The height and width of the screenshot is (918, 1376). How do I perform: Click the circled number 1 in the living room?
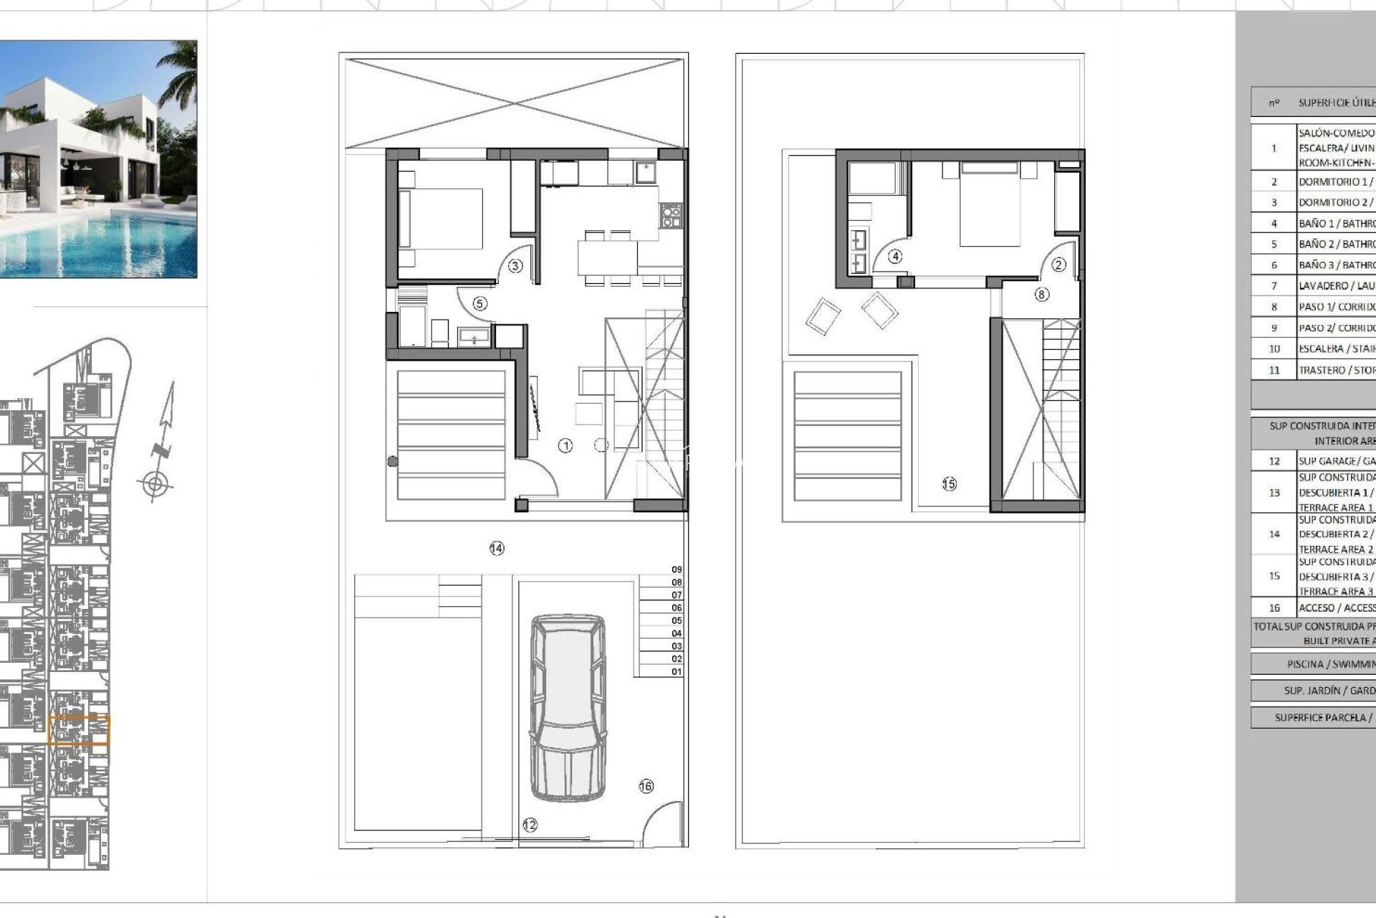565,446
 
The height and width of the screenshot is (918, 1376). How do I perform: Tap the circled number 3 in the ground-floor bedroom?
515,266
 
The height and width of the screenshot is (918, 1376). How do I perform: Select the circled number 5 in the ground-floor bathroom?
479,304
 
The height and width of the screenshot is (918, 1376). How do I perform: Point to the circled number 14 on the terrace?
497,549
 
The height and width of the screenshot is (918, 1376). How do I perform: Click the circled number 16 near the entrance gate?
646,787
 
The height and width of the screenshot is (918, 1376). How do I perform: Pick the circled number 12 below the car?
530,825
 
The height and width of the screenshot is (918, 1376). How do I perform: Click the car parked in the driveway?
567,706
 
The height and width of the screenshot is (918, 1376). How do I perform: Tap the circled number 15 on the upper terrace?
949,484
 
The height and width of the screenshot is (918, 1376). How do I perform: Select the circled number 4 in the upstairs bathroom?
895,256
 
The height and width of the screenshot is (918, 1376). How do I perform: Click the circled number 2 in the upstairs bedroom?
1059,265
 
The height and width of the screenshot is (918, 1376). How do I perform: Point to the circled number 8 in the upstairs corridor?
1041,294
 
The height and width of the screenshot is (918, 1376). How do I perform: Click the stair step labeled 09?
677,569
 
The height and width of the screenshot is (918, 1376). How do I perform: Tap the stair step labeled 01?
677,672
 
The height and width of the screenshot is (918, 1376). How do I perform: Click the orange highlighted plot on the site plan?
79,730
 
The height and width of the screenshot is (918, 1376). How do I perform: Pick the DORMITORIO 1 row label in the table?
1336,182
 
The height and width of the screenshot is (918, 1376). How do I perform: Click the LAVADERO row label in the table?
1336,286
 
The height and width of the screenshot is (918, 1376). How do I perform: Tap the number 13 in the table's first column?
1274,493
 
